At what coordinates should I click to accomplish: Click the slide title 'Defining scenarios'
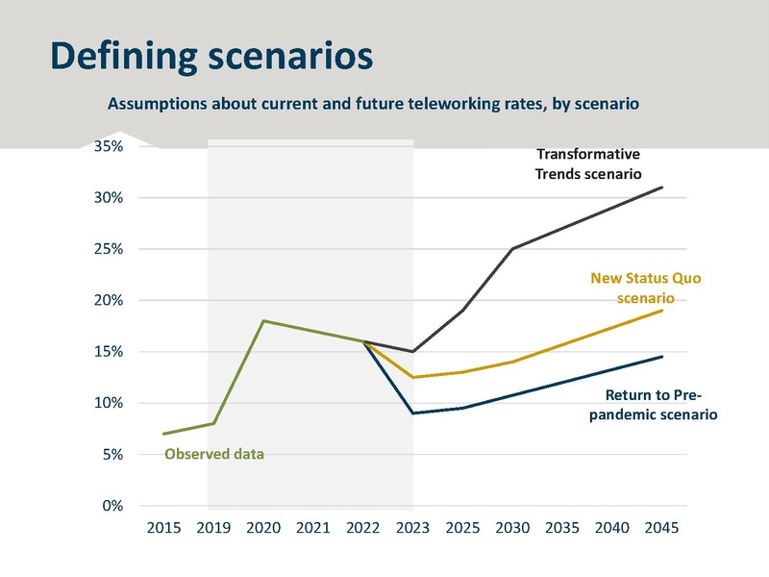211,56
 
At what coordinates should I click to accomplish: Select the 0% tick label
111,506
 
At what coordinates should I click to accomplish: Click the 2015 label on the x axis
164,527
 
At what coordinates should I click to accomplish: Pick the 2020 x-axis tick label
264,527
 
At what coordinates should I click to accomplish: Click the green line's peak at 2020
264,321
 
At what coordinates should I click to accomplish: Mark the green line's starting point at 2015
164,434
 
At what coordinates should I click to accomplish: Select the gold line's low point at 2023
413,377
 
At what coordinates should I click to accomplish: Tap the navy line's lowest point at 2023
413,414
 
